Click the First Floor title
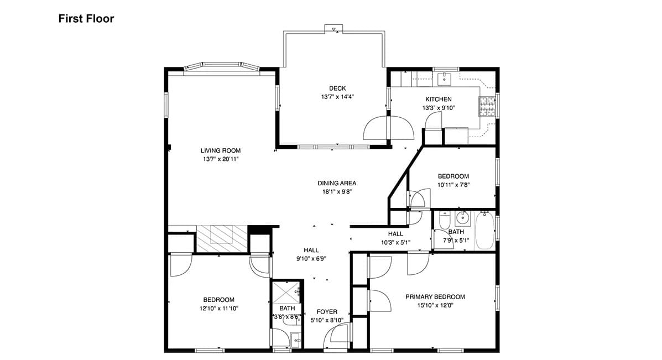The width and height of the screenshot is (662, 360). click(x=86, y=19)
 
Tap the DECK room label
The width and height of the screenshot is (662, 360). click(x=337, y=88)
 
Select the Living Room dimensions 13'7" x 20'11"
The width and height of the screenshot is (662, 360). click(x=221, y=159)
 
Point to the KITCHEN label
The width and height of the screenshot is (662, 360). click(x=438, y=99)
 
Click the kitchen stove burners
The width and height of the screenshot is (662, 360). click(x=487, y=107)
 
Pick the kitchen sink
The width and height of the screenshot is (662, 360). click(x=444, y=78)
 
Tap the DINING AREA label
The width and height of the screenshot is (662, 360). click(x=337, y=183)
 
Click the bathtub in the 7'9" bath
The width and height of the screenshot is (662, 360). click(x=484, y=231)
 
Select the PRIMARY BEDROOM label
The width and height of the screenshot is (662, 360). click(x=435, y=297)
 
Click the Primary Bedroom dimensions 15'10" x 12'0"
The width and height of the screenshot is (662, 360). click(x=435, y=305)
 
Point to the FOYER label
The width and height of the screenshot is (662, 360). click(x=327, y=312)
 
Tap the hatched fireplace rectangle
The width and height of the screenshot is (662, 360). click(x=222, y=239)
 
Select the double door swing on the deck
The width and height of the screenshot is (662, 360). click(x=388, y=127)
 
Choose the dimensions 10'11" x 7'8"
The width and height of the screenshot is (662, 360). click(x=454, y=185)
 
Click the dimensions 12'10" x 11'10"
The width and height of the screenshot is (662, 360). click(x=218, y=308)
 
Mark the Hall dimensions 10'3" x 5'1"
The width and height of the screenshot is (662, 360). click(x=395, y=242)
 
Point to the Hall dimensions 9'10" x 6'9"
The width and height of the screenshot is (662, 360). click(x=311, y=259)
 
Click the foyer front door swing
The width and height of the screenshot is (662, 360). click(x=338, y=332)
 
